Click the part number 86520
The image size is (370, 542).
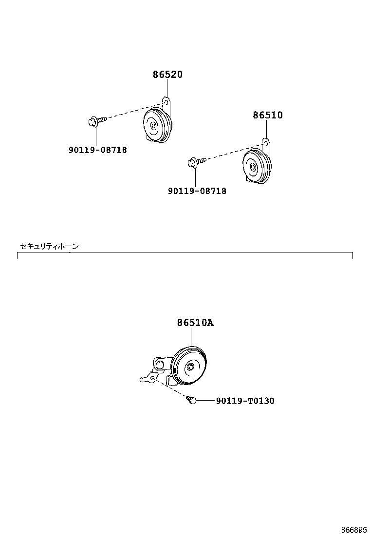tap(168, 74)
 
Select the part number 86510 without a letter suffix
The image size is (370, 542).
tap(267, 115)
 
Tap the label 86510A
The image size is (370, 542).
tap(195, 323)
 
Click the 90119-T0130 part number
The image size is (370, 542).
tap(245, 401)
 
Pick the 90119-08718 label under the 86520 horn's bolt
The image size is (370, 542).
tap(98, 150)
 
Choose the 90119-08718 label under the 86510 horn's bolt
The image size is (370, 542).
tap(197, 191)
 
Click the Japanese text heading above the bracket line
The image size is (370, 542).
tap(49, 246)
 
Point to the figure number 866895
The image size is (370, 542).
tap(354, 530)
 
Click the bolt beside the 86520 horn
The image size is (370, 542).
tap(97, 121)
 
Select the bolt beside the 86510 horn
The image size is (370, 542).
tap(197, 161)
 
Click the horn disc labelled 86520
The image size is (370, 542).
tap(157, 125)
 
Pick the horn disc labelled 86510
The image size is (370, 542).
tap(257, 166)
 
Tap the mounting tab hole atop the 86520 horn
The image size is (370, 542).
tap(166, 102)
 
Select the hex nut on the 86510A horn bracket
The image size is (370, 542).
tap(159, 365)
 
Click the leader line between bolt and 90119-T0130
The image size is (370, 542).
tap(206, 400)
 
